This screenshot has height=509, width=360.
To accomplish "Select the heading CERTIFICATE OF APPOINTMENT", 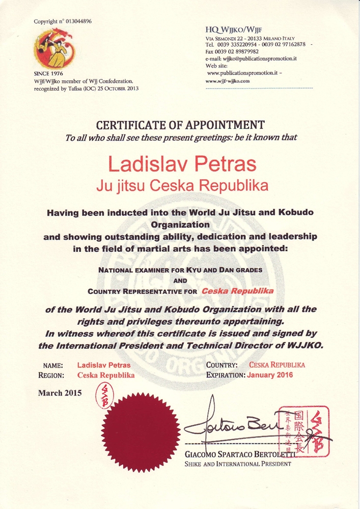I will pyautogui.click(x=180, y=125).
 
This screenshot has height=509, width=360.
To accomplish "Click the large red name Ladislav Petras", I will pyautogui.click(x=182, y=164).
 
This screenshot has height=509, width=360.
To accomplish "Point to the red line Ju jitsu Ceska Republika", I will pyautogui.click(x=182, y=186).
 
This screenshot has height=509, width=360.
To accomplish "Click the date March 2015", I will pyautogui.click(x=60, y=393).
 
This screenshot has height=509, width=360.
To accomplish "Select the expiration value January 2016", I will pyautogui.click(x=270, y=375).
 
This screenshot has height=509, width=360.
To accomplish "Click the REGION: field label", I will pyautogui.click(x=51, y=375).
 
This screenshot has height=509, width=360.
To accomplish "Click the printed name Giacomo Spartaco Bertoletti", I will pyautogui.click(x=238, y=454).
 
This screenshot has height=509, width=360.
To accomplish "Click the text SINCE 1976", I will pyautogui.click(x=48, y=74).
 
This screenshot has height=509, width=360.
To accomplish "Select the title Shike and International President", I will pyautogui.click(x=237, y=464).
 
